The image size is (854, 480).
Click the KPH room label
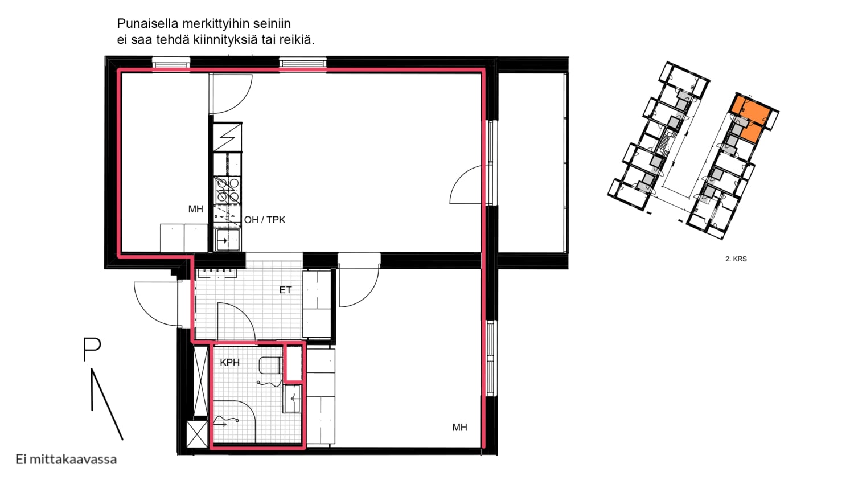(229, 362)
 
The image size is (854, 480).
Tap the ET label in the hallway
(285, 290)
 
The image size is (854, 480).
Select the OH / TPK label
(265, 220)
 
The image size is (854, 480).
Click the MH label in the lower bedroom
(459, 428)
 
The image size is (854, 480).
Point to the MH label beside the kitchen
(196, 209)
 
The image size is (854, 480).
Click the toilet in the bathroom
(270, 365)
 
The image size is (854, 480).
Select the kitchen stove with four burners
(227, 190)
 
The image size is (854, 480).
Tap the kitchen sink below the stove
(228, 239)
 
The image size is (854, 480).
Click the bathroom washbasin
(293, 399)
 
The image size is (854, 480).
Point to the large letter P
(92, 349)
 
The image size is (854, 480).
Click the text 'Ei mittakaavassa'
(66, 460)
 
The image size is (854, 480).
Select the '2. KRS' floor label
(736, 259)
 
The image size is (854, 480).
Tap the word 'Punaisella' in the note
(147, 24)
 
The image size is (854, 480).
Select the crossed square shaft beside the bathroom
(197, 434)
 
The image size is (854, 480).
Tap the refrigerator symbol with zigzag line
(228, 137)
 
